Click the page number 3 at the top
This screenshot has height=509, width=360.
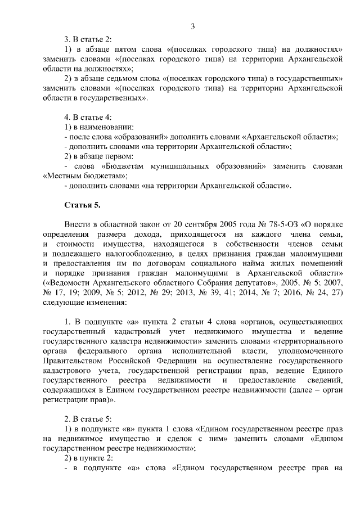pos(192,26)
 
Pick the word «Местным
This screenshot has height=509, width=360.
pos(63,175)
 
